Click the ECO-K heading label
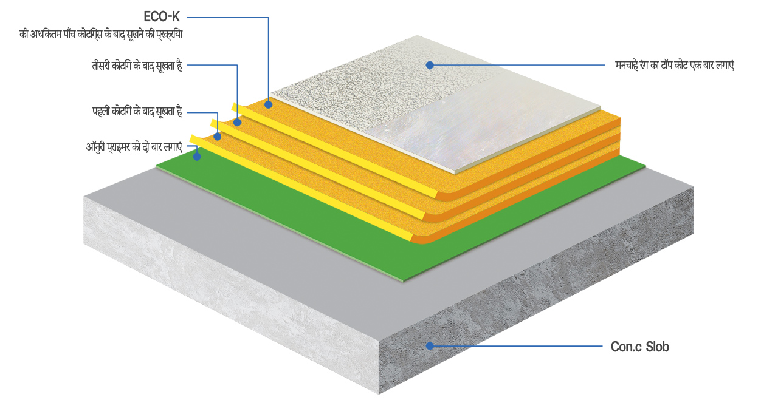click(x=162, y=16)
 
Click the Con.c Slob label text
click(x=640, y=347)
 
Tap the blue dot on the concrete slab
click(x=430, y=346)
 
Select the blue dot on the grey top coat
click(x=430, y=65)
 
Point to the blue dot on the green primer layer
click(x=197, y=157)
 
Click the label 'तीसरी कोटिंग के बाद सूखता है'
click(x=137, y=65)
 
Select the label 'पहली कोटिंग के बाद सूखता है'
click(x=137, y=112)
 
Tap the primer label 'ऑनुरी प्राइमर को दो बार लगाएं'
click(x=134, y=147)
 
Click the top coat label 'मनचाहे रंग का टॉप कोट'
click(x=675, y=65)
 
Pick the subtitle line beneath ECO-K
click(x=101, y=35)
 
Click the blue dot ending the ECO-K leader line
click(x=268, y=104)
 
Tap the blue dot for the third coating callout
click(x=237, y=123)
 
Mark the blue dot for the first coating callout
click(x=218, y=137)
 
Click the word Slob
click(x=658, y=347)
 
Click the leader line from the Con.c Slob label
click(x=517, y=346)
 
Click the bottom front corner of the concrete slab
click(x=379, y=394)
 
